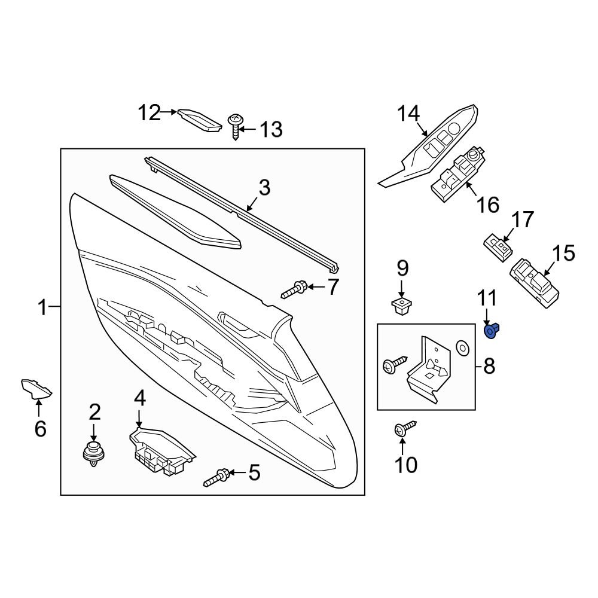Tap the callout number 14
coord(409,113)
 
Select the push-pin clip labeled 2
coord(93,454)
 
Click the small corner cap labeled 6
coord(36,388)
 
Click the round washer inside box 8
coord(461,347)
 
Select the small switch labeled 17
coord(498,245)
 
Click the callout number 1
coord(42,308)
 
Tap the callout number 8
coord(489,366)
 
